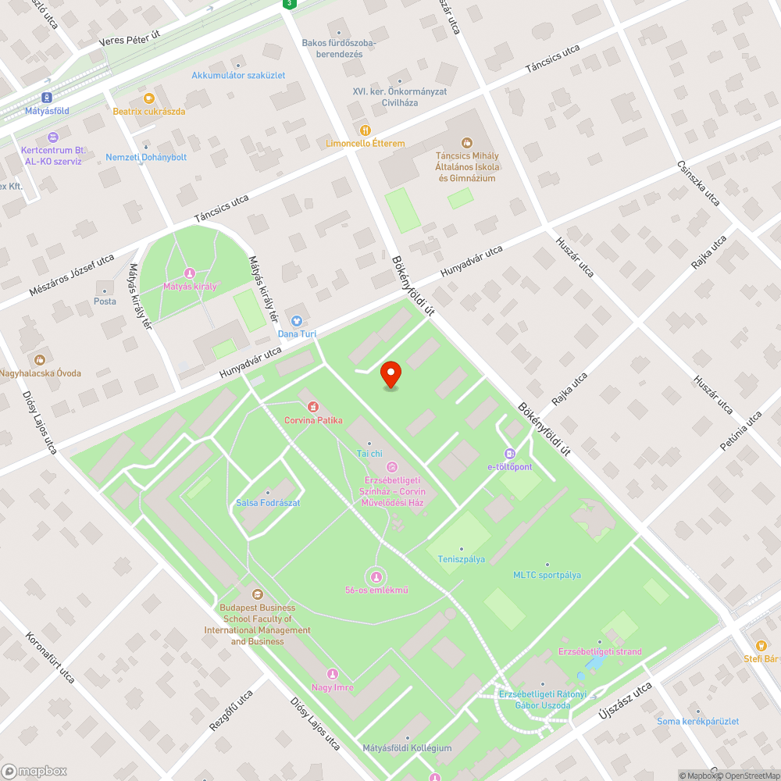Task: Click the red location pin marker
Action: coord(390,374)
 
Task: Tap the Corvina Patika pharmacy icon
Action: coord(313,407)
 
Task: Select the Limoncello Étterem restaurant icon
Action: coord(365,130)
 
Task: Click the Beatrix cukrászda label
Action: coord(148,111)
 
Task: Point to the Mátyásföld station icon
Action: coord(47,98)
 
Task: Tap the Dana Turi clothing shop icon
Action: coord(297,320)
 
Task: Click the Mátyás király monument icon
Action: coord(189,273)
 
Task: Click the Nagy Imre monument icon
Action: coord(333,674)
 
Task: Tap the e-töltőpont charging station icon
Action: coord(509,453)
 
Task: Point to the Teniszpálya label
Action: coord(461,559)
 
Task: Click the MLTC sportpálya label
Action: coord(547,575)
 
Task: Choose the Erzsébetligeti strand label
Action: coord(600,651)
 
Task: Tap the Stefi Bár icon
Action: coord(760,645)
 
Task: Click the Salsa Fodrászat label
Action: coord(268,503)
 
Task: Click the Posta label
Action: coord(105,301)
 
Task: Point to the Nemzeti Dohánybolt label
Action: coord(146,157)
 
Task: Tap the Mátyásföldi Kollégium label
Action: coord(407,748)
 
